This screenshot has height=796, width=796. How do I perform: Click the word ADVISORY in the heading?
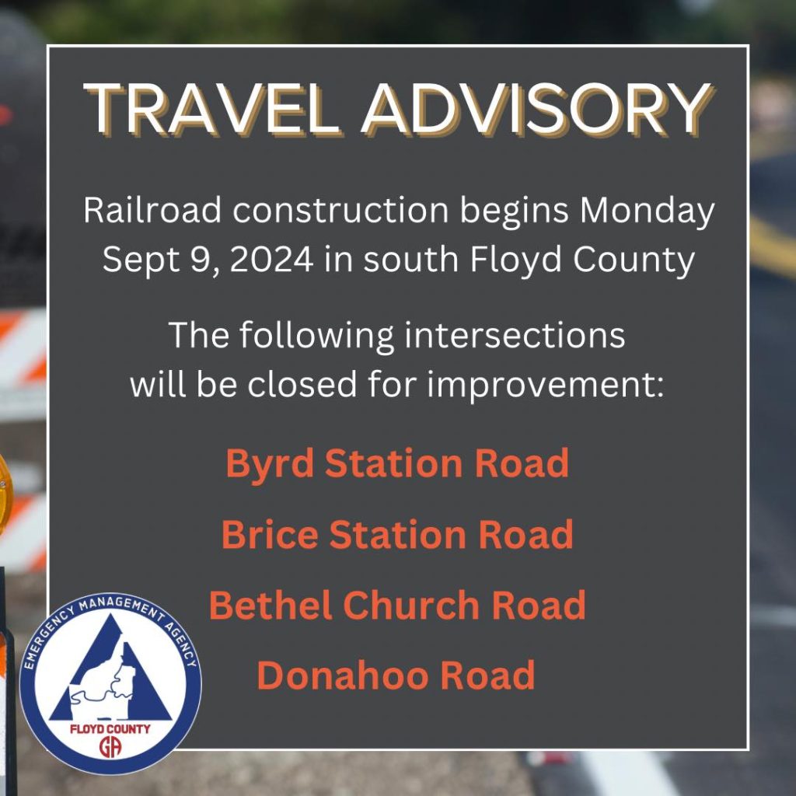pyautogui.click(x=536, y=109)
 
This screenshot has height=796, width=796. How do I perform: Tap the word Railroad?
pyautogui.click(x=152, y=209)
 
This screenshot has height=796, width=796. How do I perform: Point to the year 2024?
pyautogui.click(x=271, y=259)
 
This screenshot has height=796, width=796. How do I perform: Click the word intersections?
pyautogui.click(x=515, y=335)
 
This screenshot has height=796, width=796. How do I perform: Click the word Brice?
pyautogui.click(x=270, y=534)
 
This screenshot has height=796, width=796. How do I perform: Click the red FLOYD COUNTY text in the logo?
pyautogui.click(x=110, y=729)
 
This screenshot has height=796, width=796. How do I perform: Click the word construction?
pyautogui.click(x=340, y=210)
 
